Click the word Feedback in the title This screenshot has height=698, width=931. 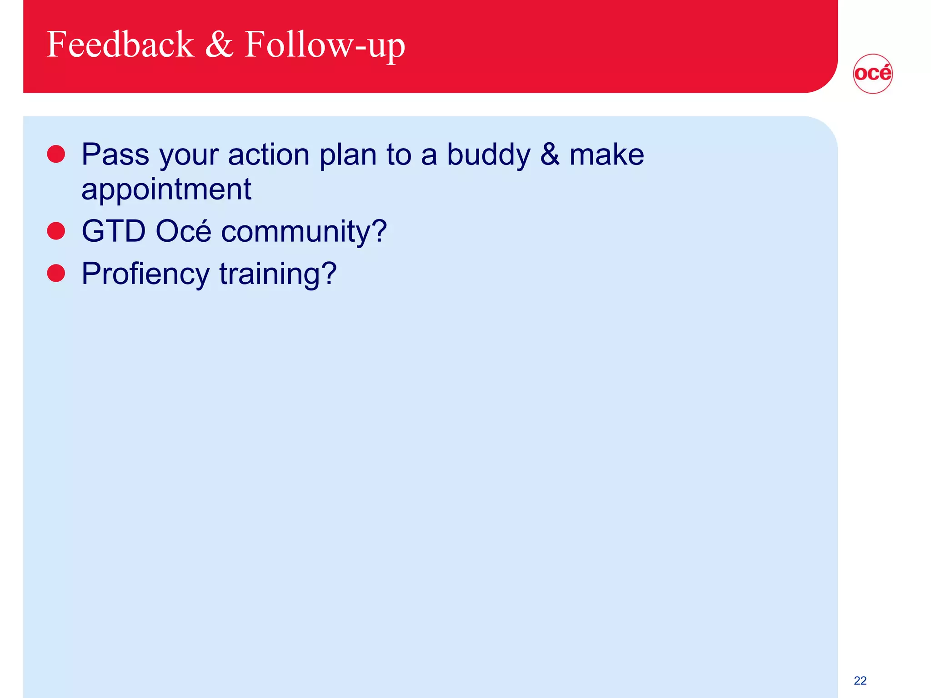(120, 44)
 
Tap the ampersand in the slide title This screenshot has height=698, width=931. (219, 44)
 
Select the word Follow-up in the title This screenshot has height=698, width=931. (325, 45)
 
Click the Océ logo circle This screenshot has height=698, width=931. (872, 74)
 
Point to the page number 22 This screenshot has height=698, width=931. (860, 680)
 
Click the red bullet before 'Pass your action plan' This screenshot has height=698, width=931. (56, 154)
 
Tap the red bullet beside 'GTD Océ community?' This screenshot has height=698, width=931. (56, 231)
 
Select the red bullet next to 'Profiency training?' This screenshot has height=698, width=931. (56, 273)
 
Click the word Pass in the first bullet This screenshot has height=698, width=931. (115, 155)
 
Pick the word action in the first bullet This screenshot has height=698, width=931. (269, 155)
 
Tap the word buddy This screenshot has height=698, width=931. (488, 155)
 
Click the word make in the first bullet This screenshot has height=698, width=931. (606, 155)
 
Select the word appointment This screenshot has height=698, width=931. (166, 189)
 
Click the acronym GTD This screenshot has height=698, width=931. (114, 231)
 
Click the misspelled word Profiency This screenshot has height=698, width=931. (145, 274)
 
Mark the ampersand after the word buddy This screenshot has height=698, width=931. (550, 155)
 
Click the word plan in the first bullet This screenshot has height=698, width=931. (348, 155)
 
